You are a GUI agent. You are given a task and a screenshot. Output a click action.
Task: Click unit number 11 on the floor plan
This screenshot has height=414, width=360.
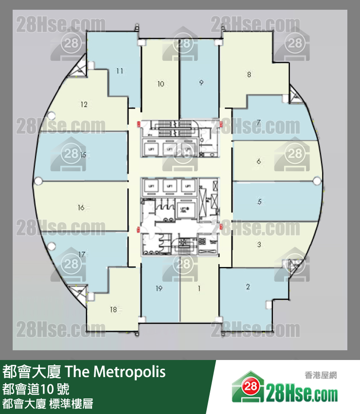pyautogui.click(x=119, y=71)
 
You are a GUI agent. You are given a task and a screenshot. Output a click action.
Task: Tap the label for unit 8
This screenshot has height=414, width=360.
pyautogui.click(x=249, y=74)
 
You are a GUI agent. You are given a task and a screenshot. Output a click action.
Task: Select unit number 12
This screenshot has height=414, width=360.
pyautogui.click(x=84, y=104)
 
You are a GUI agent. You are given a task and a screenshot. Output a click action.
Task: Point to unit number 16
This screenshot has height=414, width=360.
pyautogui.click(x=81, y=208)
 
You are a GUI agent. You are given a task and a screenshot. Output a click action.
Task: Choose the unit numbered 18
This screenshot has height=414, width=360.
pyautogui.click(x=113, y=309)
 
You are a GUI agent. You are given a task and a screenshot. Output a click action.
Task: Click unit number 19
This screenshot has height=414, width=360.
pyautogui.click(x=159, y=288)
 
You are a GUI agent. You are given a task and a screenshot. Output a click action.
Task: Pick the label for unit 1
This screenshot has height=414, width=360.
pyautogui.click(x=199, y=288)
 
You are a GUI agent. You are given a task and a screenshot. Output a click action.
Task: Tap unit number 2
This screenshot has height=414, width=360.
pyautogui.click(x=248, y=287)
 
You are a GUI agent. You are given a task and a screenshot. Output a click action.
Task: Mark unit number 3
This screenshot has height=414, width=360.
pyautogui.click(x=259, y=245)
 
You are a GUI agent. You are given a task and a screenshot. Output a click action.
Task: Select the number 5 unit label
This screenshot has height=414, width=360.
pyautogui.click(x=260, y=201)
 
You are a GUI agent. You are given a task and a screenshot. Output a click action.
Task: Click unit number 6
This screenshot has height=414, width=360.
pyautogui.click(x=259, y=161)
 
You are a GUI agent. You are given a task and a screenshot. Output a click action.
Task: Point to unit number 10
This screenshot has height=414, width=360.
pyautogui.click(x=161, y=84)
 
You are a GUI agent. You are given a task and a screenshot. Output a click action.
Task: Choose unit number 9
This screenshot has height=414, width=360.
pyautogui.click(x=201, y=83)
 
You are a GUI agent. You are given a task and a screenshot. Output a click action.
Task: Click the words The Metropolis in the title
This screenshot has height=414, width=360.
pyautogui.click(x=115, y=373)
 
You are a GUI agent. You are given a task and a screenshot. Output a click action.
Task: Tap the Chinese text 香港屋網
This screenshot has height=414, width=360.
pyautogui.click(x=321, y=375)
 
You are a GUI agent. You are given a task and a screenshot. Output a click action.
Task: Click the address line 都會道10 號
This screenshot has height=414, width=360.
pyautogui.click(x=36, y=389)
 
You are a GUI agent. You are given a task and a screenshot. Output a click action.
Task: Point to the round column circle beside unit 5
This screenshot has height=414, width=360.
pyautogui.click(x=317, y=181)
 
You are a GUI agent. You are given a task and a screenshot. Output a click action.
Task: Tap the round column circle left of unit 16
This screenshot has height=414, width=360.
pyautogui.click(x=39, y=181)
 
